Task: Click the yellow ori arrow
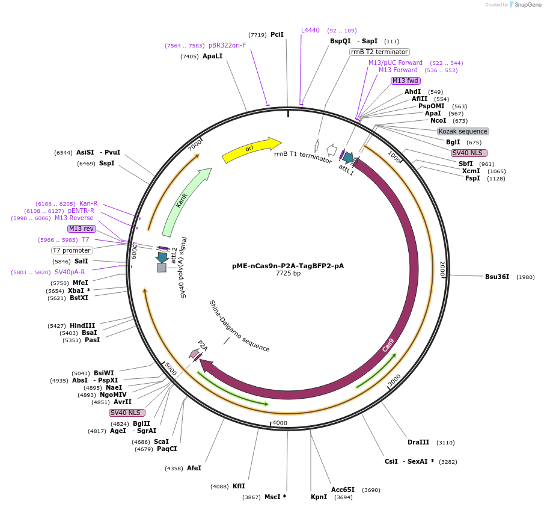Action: tap(251, 150)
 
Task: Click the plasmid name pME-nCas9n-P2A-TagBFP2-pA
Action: tap(288, 265)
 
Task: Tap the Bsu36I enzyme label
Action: tap(497, 277)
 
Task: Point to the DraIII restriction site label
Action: tap(418, 442)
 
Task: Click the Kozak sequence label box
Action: tap(463, 131)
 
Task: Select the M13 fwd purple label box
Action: tap(405, 81)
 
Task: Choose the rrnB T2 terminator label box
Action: tap(379, 52)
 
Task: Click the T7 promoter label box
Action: tap(72, 250)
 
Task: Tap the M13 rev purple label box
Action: tap(81, 229)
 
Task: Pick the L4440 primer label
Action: tap(310, 30)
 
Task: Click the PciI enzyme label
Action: tap(277, 34)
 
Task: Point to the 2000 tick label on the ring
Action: tap(442, 269)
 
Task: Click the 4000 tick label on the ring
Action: tap(280, 423)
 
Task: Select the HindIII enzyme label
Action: tap(82, 325)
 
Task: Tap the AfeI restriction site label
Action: tap(194, 468)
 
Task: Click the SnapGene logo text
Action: tap(527, 5)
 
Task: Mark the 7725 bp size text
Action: tap(288, 274)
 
